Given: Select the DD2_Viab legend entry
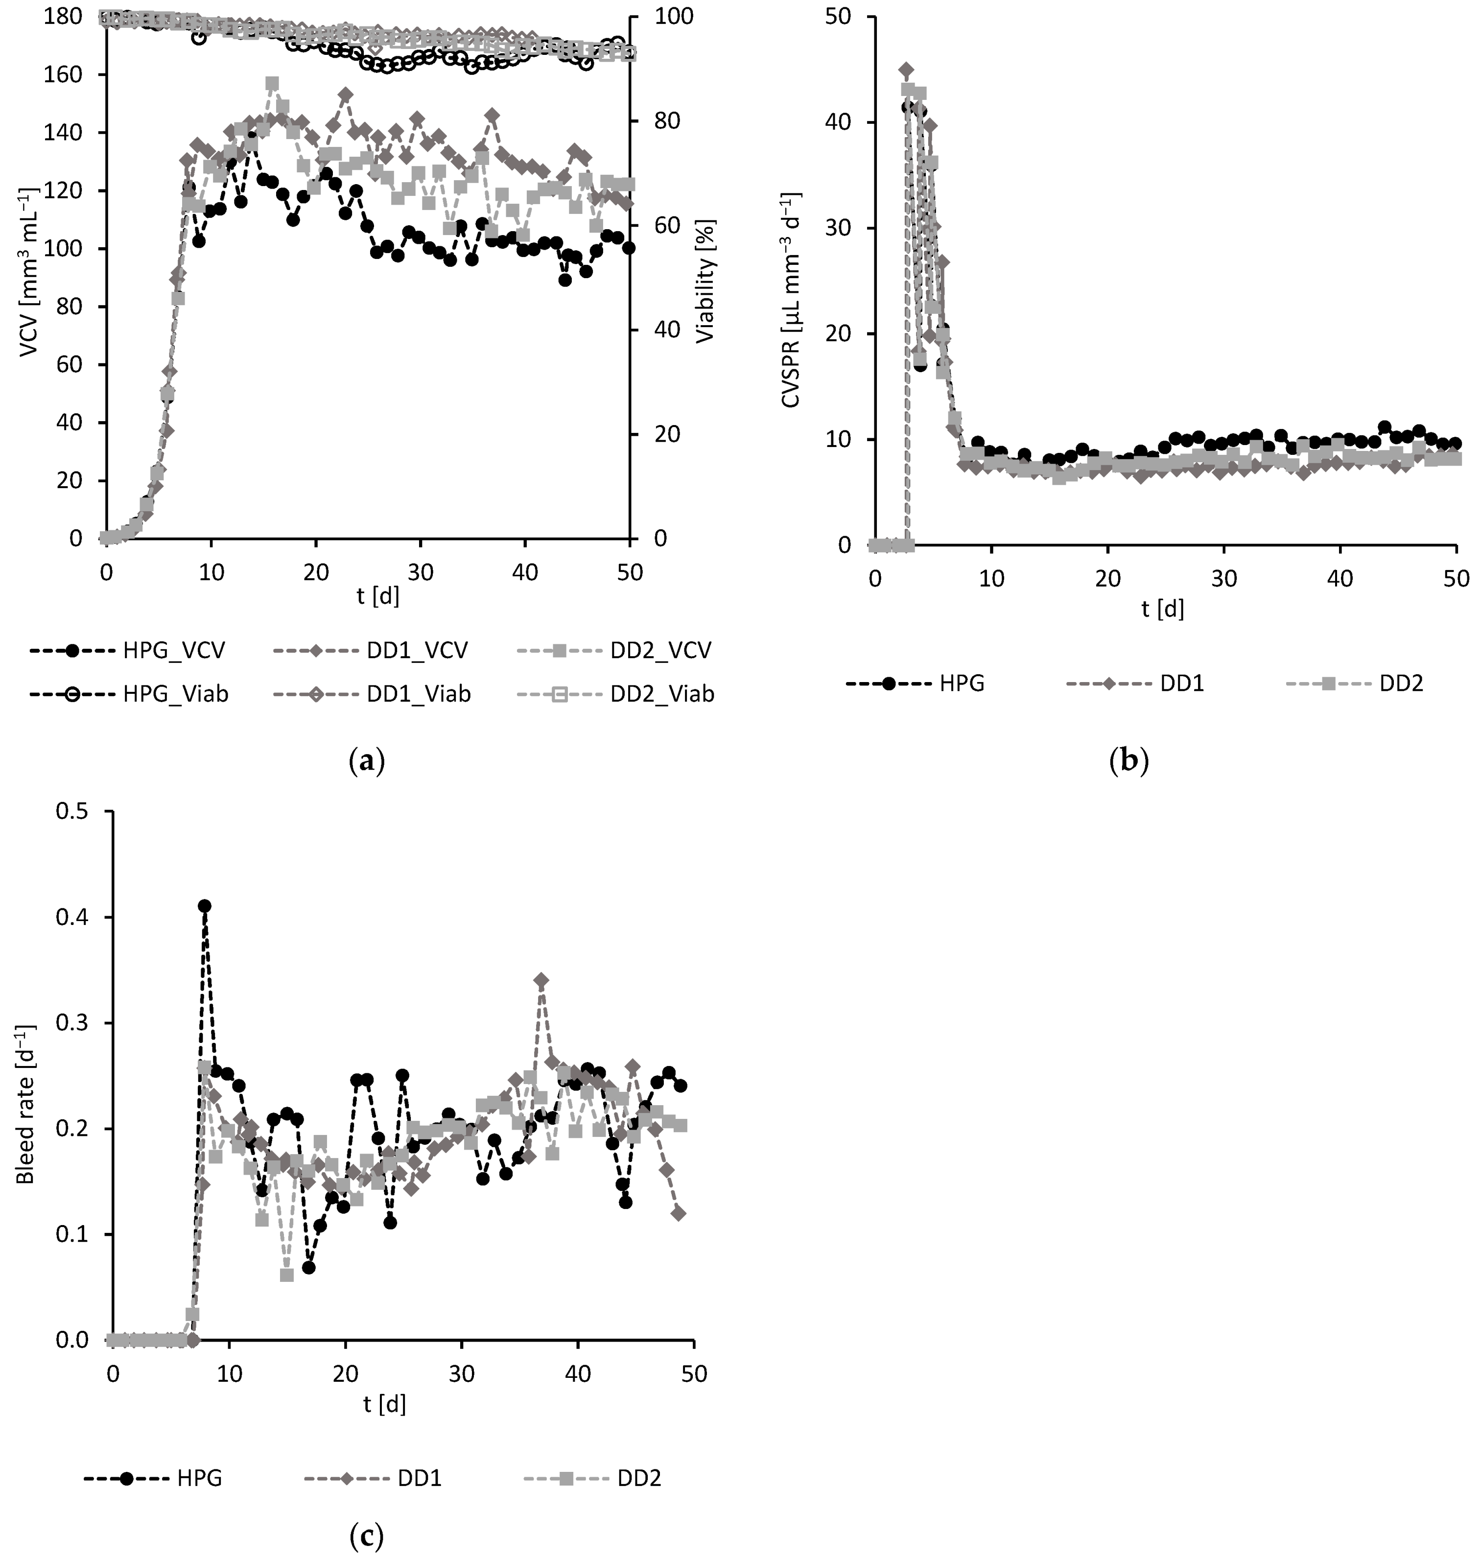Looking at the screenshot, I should (x=615, y=694).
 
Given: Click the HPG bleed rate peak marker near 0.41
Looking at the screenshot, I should (x=204, y=906).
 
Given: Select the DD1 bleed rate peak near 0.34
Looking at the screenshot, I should (x=541, y=980).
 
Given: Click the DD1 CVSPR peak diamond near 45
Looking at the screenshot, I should (x=907, y=70).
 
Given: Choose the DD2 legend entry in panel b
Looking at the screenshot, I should (x=1373, y=684).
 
